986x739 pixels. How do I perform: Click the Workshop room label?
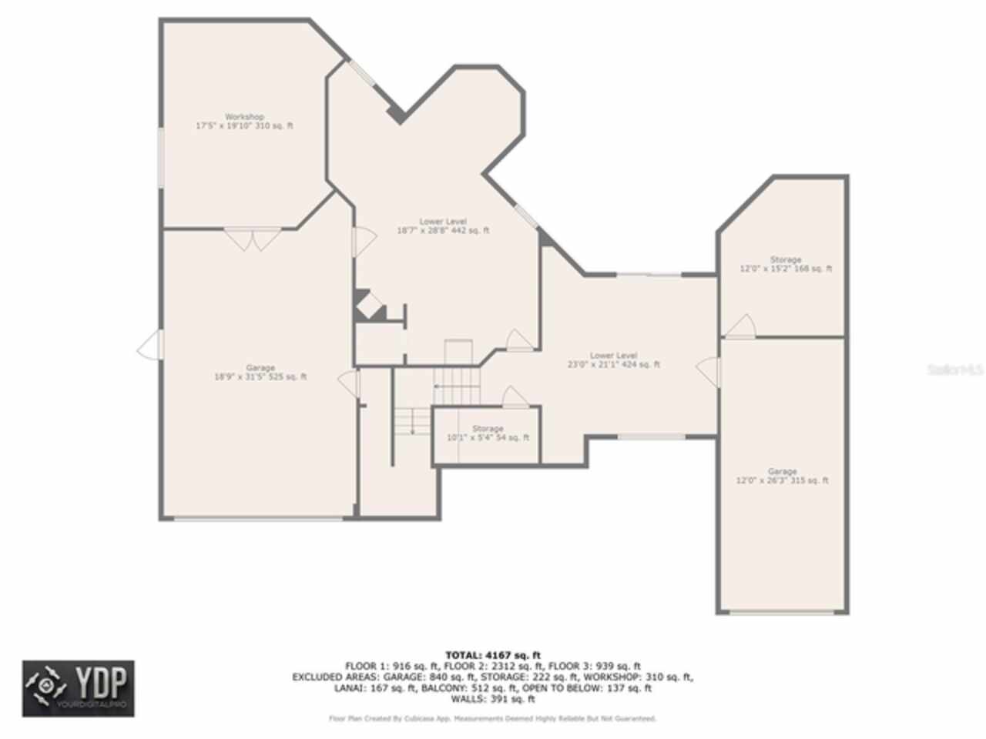point(244,122)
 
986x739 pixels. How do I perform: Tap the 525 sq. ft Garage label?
point(260,373)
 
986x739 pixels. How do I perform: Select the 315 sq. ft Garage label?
point(782,476)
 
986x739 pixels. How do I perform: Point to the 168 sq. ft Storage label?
point(786,264)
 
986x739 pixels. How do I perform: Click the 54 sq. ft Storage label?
point(488,433)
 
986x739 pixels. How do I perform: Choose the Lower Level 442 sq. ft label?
point(443,226)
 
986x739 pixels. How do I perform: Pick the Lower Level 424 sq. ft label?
point(614,360)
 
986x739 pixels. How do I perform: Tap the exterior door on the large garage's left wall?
point(151,346)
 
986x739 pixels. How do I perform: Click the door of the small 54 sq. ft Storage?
point(515,397)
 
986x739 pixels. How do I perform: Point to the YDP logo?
point(78,688)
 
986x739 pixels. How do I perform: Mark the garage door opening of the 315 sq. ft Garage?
point(782,613)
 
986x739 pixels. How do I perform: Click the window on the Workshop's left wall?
point(161,158)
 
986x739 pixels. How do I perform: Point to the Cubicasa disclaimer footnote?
point(493,718)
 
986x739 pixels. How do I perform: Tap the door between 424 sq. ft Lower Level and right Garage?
point(709,372)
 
